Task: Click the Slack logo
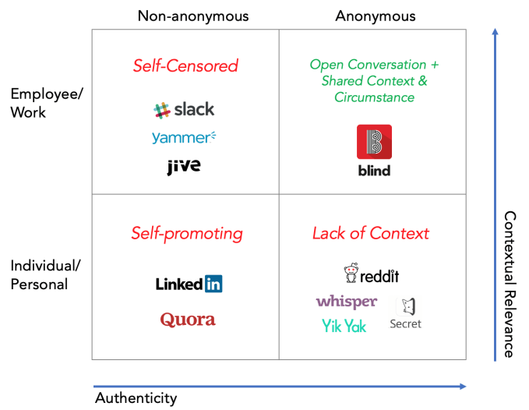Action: (185, 110)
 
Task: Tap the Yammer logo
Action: (184, 138)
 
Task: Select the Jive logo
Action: (184, 166)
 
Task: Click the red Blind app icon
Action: (374, 142)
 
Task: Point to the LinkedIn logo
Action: (189, 284)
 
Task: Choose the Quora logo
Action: (188, 320)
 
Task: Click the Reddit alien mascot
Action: (351, 274)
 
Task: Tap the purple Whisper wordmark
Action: (347, 302)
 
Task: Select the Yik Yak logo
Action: (344, 326)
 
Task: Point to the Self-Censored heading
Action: (185, 66)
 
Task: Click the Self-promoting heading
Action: (187, 233)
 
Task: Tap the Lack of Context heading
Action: (371, 233)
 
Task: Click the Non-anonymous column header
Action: (193, 16)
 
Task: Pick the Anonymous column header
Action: (376, 16)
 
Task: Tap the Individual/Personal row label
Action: (45, 274)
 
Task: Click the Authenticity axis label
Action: (136, 398)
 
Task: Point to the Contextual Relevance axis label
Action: (510, 285)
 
